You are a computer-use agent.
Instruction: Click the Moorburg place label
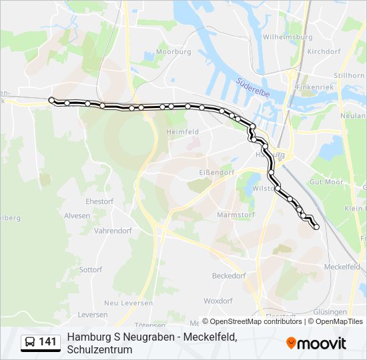(174, 51)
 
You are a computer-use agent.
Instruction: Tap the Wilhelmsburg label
(288, 37)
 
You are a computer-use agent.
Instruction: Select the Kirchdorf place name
(324, 51)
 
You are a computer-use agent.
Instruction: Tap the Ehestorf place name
(99, 201)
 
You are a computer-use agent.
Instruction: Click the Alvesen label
(77, 215)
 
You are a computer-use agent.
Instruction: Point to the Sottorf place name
(90, 270)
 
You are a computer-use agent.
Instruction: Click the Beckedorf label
(229, 275)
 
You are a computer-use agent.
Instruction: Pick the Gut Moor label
(326, 181)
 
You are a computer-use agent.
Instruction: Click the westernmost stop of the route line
(51, 100)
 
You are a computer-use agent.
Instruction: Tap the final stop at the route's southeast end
(316, 227)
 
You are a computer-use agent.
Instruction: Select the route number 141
(47, 343)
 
